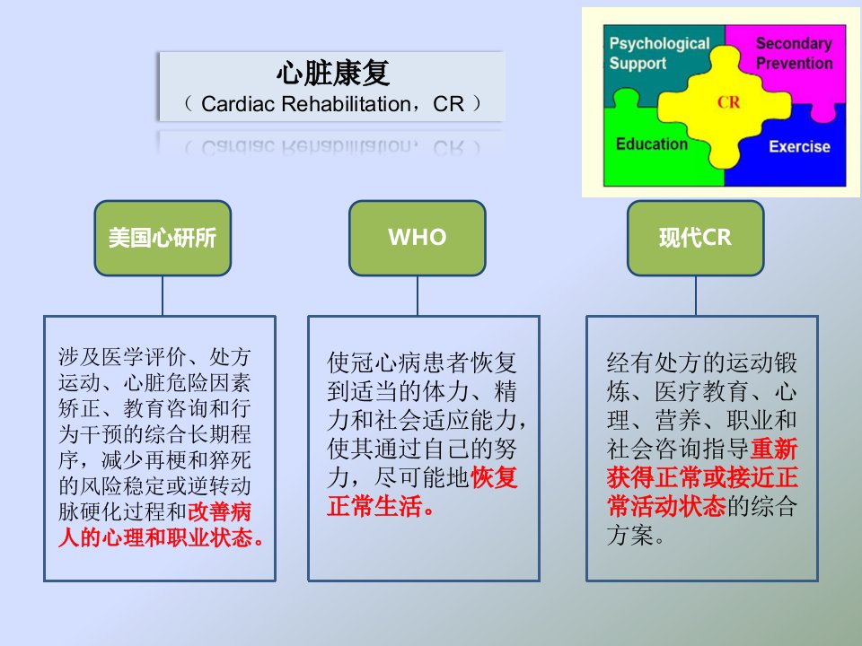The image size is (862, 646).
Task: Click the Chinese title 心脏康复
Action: click(332, 73)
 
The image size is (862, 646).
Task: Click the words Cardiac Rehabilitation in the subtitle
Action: click(305, 104)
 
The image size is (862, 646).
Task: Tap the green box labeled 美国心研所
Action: click(163, 238)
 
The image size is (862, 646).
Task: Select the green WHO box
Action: click(418, 238)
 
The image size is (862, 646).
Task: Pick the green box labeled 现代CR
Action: click(695, 238)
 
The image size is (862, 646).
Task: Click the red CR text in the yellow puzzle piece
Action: click(728, 102)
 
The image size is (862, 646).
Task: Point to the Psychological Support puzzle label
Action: click(659, 53)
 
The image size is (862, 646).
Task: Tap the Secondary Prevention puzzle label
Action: click(794, 53)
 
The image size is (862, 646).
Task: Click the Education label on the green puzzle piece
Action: click(652, 144)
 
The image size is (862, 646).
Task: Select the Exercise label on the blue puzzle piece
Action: click(799, 146)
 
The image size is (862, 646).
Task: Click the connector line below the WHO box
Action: click(418, 295)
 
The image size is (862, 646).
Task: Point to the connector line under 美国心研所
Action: click(163, 295)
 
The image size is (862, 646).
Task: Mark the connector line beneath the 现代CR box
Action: click(695, 295)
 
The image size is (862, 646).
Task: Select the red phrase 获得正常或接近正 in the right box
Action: click(702, 477)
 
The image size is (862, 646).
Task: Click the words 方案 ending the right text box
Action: click(630, 535)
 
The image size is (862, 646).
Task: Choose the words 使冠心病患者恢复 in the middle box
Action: click(422, 362)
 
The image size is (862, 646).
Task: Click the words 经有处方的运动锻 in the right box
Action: click(702, 362)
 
